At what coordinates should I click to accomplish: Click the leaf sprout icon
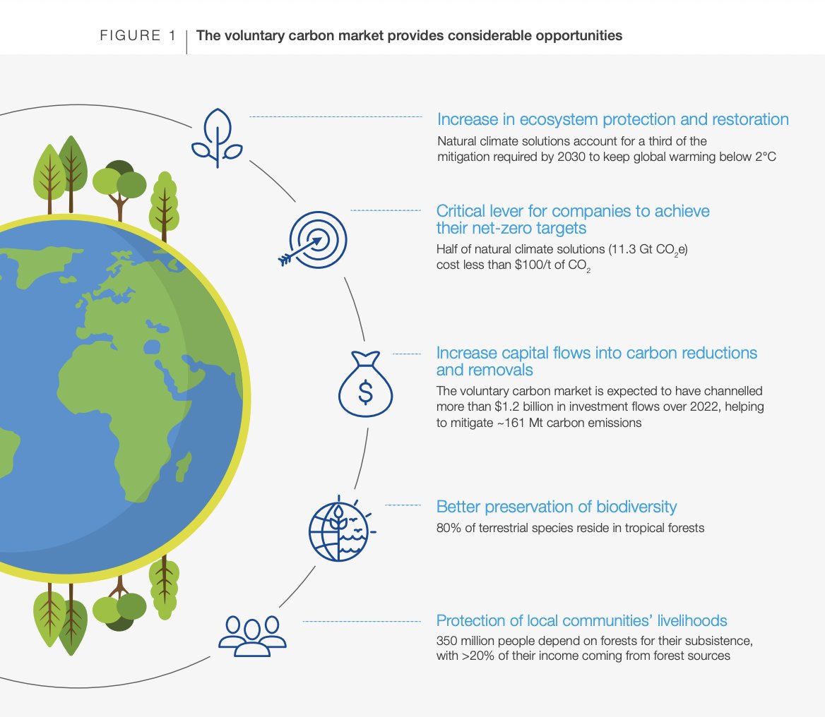coord(217,138)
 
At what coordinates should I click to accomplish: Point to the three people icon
coord(252,633)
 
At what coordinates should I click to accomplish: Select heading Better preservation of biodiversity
coord(557,507)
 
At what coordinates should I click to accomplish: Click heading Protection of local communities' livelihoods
coord(581,621)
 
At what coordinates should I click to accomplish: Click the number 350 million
coord(470,642)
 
